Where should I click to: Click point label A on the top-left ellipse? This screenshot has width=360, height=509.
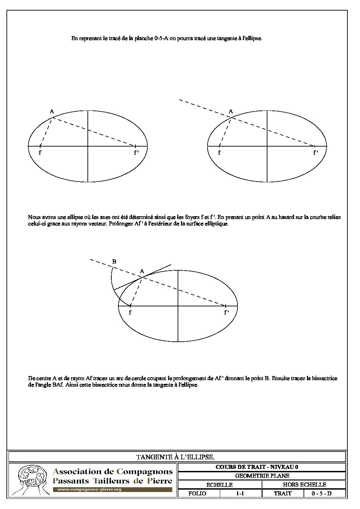pyautogui.click(x=52, y=111)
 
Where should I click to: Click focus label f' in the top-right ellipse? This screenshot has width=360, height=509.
pyautogui.click(x=315, y=153)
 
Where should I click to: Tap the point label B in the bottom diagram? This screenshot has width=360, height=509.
pyautogui.click(x=114, y=261)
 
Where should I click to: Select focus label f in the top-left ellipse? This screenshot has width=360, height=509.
pyautogui.click(x=40, y=153)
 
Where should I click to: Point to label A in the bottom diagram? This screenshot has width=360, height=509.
pyautogui.click(x=142, y=271)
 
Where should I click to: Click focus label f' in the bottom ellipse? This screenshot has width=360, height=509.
pyautogui.click(x=226, y=312)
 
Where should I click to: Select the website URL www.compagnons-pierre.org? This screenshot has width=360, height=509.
pyautogui.click(x=89, y=490)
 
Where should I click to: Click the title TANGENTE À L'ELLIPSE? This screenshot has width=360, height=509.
pyautogui.click(x=175, y=457)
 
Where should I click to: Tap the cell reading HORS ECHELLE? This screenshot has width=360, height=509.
pyautogui.click(x=304, y=485)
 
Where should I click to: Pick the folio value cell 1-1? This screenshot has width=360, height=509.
pyautogui.click(x=240, y=493)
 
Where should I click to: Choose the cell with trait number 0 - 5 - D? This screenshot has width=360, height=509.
pyautogui.click(x=321, y=493)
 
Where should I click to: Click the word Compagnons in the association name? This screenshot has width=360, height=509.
pyautogui.click(x=145, y=472)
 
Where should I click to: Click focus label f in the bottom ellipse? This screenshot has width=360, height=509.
pyautogui.click(x=130, y=312)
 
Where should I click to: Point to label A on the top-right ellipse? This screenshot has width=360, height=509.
pyautogui.click(x=231, y=111)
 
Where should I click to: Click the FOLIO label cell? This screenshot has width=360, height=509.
pyautogui.click(x=197, y=493)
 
